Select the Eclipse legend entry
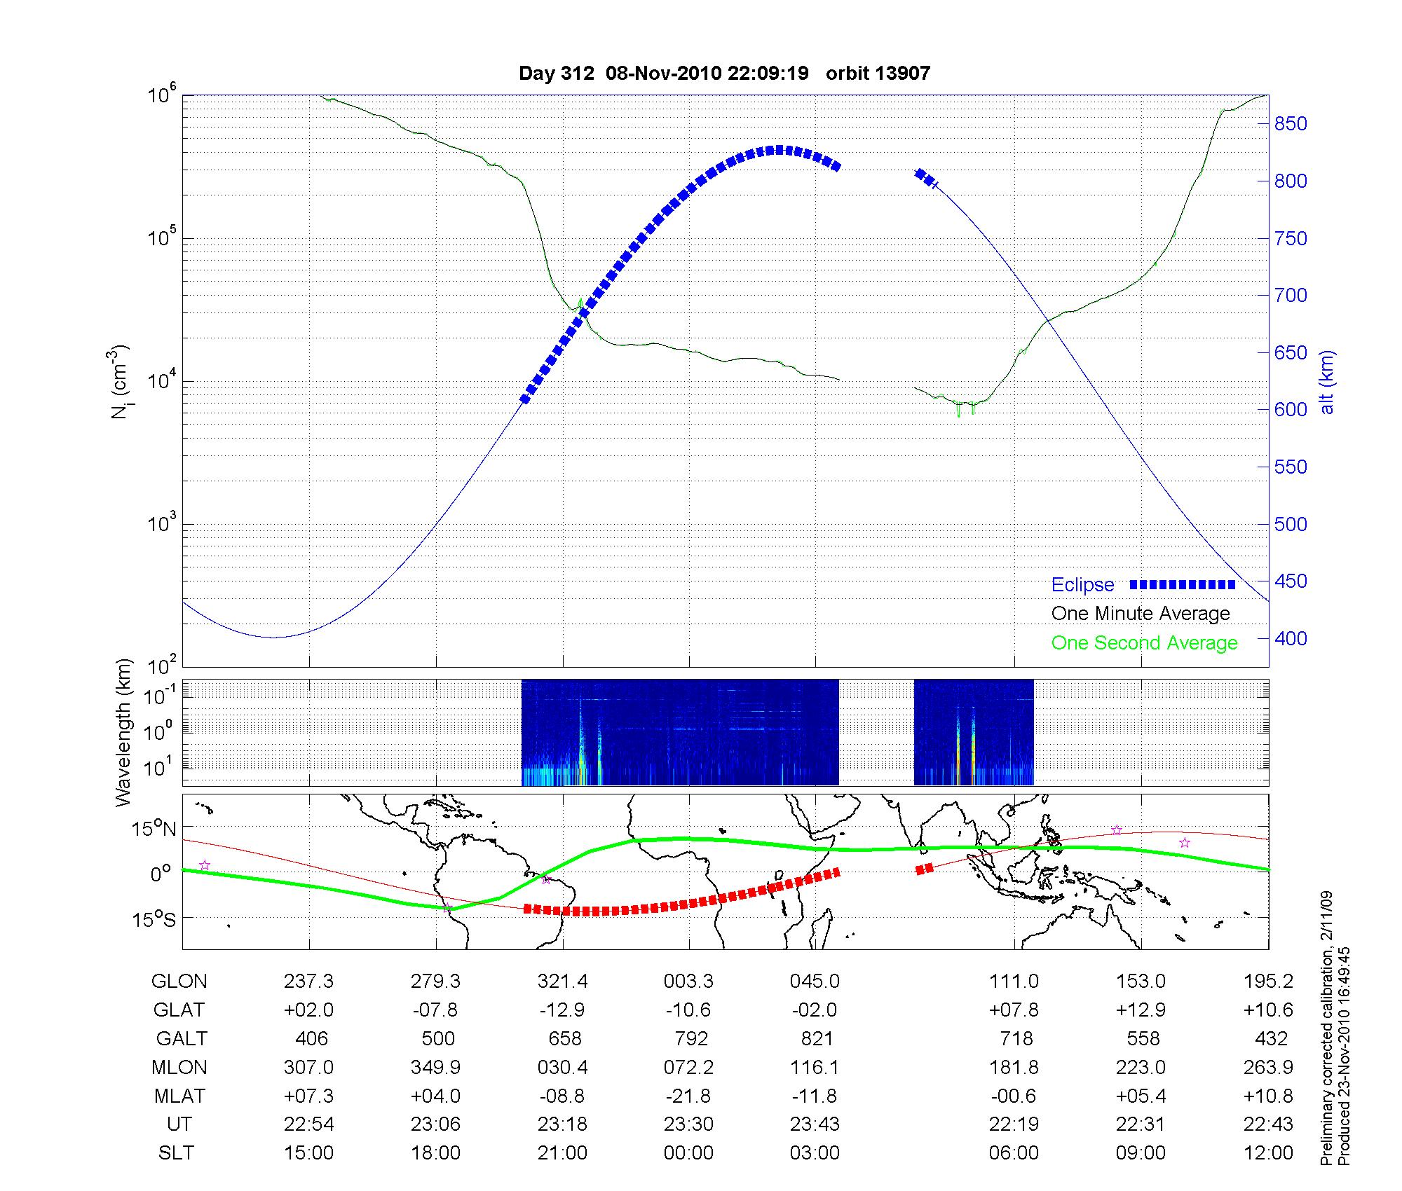pyautogui.click(x=1082, y=584)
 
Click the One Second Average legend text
pyautogui.click(x=1144, y=642)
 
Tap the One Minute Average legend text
pyautogui.click(x=1141, y=614)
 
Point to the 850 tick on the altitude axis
pyautogui.click(x=1291, y=124)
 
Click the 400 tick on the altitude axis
pyautogui.click(x=1291, y=638)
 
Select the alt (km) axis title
pyautogui.click(x=1328, y=383)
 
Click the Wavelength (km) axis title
pyautogui.click(x=123, y=733)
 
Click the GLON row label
pyautogui.click(x=179, y=981)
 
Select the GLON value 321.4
pyautogui.click(x=562, y=981)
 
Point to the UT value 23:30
pyautogui.click(x=688, y=1124)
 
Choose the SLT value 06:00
pyautogui.click(x=1014, y=1152)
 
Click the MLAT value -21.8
pyautogui.click(x=688, y=1096)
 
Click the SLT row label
pyautogui.click(x=176, y=1152)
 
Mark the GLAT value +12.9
pyautogui.click(x=1141, y=1010)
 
